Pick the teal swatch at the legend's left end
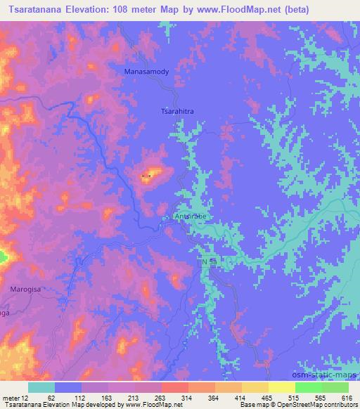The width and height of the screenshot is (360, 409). click(x=41, y=387)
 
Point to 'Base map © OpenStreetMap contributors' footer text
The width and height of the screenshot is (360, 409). click(x=298, y=405)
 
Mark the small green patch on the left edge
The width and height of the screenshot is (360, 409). click(x=3, y=257)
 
